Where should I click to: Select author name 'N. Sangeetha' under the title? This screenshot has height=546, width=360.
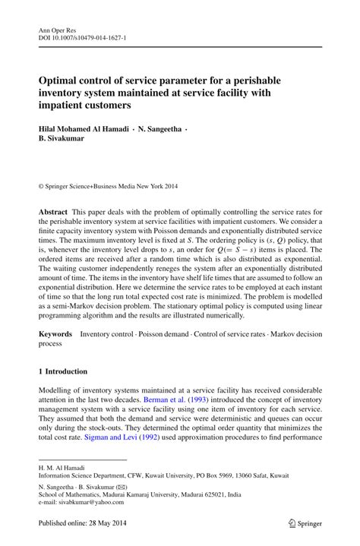point(155,130)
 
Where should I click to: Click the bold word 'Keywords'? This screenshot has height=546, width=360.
point(55,334)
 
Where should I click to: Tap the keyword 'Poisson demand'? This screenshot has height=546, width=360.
point(161,334)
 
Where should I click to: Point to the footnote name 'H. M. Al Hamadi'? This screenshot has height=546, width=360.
point(62,468)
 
